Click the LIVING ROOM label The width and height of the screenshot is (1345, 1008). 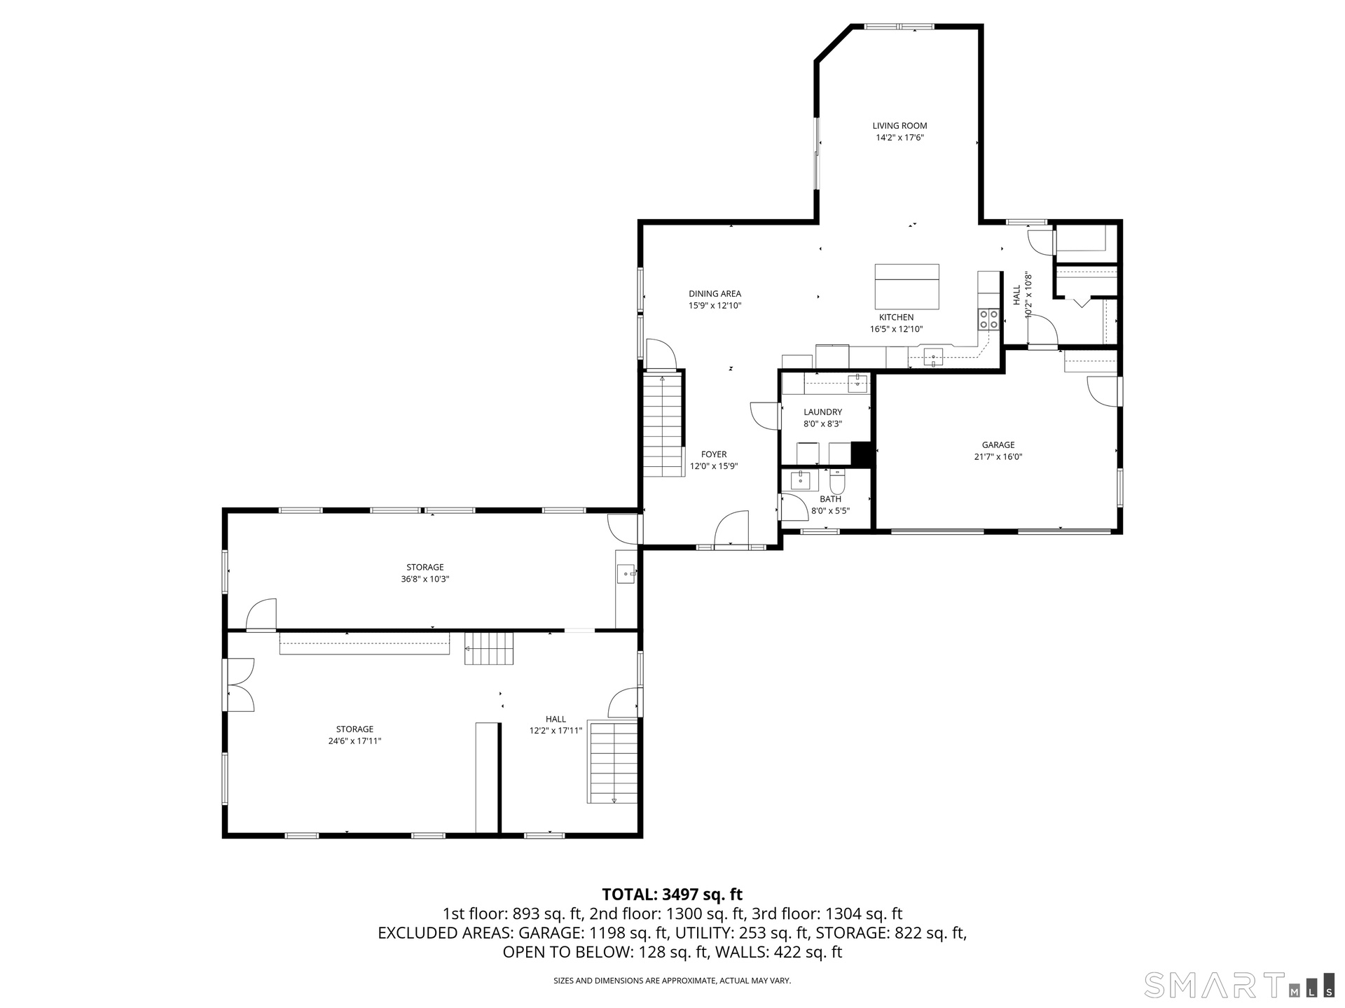point(899,126)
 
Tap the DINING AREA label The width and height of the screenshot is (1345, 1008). point(715,294)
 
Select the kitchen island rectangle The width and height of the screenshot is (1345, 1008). point(906,286)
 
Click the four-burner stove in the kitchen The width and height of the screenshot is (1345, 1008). point(989,319)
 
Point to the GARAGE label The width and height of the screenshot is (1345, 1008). point(998,444)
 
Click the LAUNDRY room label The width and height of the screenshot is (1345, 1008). point(823,412)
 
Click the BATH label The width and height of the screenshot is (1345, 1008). point(831,499)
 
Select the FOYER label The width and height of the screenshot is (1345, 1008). point(714,454)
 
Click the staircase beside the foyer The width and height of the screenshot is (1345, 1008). point(663,425)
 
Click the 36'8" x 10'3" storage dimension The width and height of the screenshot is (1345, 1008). point(425,580)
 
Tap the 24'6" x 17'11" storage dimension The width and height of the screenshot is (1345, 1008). point(354,741)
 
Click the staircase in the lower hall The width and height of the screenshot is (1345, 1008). point(614,763)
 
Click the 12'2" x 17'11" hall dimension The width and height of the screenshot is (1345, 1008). point(556,731)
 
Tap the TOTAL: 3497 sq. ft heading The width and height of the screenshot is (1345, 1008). point(672,894)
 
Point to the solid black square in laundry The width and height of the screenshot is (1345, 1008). point(861,454)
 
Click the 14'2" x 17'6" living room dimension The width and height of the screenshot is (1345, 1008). point(900,138)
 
